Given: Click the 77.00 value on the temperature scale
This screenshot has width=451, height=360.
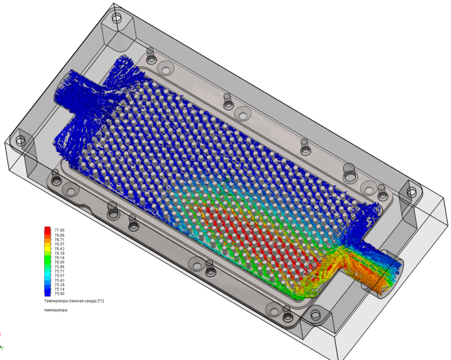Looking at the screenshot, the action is [59, 230].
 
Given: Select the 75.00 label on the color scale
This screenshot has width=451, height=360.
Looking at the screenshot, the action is [59, 294].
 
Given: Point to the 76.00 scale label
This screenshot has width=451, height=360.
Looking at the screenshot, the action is [59, 262].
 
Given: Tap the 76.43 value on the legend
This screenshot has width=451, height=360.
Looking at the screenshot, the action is [59, 248].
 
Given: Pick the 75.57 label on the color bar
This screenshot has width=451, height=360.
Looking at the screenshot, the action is [59, 275].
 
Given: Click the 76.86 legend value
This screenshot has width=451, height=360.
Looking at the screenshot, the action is [59, 235].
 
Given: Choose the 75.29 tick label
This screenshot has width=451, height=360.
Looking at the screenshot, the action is [59, 285].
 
